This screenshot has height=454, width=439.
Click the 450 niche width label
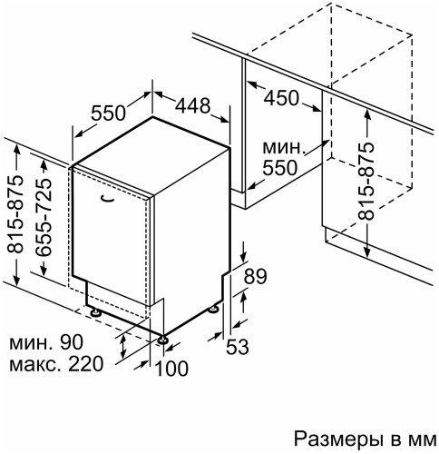click(282, 98)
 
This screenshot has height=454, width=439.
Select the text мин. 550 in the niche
click(281, 158)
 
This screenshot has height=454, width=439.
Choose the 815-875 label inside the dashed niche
click(366, 181)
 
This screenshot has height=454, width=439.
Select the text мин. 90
click(45, 342)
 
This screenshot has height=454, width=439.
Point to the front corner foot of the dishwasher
click(163, 340)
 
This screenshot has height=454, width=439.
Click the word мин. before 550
click(280, 148)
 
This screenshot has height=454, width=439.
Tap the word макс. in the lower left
click(34, 364)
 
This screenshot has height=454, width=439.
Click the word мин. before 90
click(31, 342)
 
